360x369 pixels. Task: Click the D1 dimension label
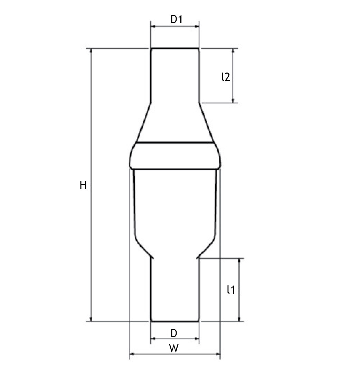177,19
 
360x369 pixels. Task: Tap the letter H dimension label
83,185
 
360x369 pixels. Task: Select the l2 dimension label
226,77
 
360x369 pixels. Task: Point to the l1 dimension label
231,290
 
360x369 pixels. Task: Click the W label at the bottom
174,349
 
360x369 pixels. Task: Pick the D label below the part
174,333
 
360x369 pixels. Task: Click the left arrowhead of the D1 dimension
153,26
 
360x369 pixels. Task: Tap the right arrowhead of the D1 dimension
197,26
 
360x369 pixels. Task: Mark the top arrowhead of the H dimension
91,50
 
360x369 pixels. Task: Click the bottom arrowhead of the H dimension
91,319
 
